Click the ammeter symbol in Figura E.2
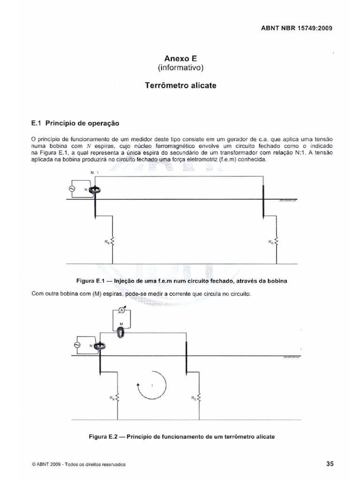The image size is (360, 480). [121, 310]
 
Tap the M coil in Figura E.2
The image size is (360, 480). [121, 332]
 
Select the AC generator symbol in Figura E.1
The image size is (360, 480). [72, 188]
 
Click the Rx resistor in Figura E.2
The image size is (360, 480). [118, 398]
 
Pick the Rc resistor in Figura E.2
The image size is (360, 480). [200, 398]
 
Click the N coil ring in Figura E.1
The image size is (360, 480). [95, 190]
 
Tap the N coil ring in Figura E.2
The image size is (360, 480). [100, 346]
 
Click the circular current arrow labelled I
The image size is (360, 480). [151, 384]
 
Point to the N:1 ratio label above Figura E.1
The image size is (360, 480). [93, 173]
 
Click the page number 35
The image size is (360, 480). [329, 464]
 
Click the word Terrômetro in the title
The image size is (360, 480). [167, 86]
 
